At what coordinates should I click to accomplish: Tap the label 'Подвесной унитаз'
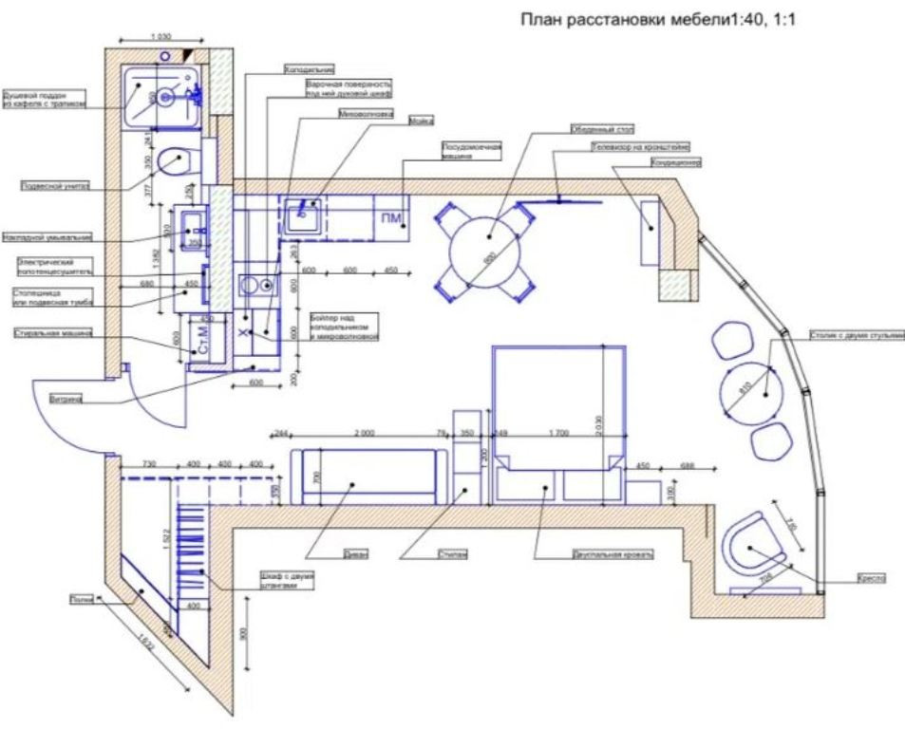(x=54, y=187)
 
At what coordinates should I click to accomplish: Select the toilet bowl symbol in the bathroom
(x=174, y=162)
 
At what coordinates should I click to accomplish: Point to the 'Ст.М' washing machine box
(x=201, y=348)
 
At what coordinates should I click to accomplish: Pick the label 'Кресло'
(x=871, y=577)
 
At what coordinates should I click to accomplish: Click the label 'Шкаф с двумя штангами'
(x=287, y=581)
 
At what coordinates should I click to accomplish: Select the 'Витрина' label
(x=64, y=400)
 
